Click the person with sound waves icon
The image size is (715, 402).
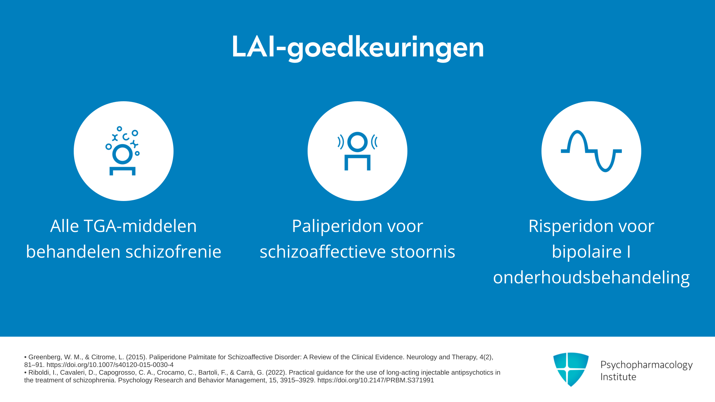357,151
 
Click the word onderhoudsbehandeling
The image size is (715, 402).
591,278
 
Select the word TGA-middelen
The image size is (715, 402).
140,226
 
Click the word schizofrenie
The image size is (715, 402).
174,252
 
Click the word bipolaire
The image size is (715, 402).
587,252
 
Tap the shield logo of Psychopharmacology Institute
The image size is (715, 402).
571,369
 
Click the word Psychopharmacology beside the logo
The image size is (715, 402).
646,365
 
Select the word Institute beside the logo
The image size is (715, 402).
618,377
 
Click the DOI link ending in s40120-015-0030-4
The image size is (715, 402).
110,365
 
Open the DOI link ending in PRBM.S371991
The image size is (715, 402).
376,380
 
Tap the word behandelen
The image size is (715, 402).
73,252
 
